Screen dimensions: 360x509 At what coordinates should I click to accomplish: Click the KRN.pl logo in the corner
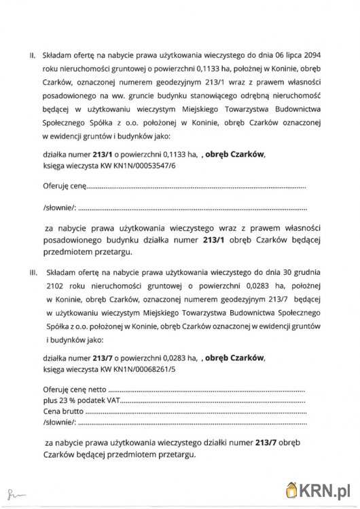point(319,489)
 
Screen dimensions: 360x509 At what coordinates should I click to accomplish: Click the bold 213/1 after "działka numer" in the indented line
point(103,153)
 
